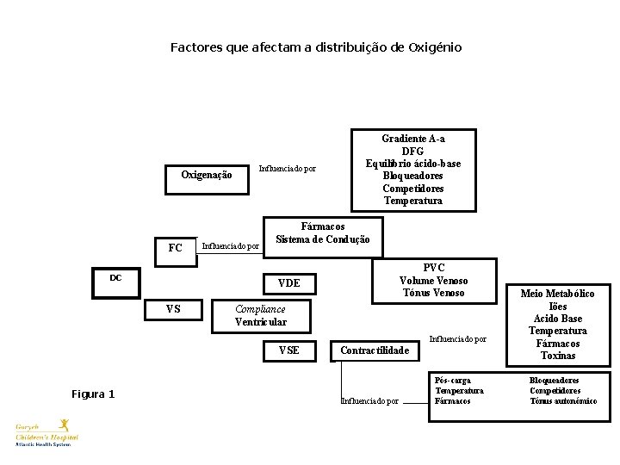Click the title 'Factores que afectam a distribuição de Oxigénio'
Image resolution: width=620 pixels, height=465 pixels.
pyautogui.click(x=315, y=47)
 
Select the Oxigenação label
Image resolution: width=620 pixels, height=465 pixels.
pyautogui.click(x=206, y=175)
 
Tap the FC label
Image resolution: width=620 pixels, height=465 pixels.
pyautogui.click(x=176, y=248)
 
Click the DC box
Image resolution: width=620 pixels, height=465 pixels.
pyautogui.click(x=115, y=278)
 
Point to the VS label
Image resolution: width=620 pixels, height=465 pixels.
pyautogui.click(x=173, y=309)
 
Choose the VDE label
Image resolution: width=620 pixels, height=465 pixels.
pyautogui.click(x=289, y=283)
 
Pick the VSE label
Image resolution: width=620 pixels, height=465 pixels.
pyautogui.click(x=289, y=350)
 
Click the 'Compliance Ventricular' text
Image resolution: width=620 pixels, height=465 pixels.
pyautogui.click(x=260, y=315)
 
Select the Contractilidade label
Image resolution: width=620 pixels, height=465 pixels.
pyautogui.click(x=374, y=350)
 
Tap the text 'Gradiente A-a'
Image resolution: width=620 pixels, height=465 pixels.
pyautogui.click(x=412, y=139)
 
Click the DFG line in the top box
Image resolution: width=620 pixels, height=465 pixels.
pyautogui.click(x=412, y=152)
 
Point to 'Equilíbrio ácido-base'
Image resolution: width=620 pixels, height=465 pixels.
pyautogui.click(x=412, y=164)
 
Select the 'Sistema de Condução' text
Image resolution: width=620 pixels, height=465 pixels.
pyautogui.click(x=322, y=239)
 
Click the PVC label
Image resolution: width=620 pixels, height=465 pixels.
pyautogui.click(x=434, y=268)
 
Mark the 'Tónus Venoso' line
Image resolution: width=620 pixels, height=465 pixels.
pyautogui.click(x=434, y=293)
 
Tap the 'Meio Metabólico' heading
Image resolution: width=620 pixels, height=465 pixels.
pyautogui.click(x=557, y=294)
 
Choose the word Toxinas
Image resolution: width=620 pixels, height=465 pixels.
pyautogui.click(x=558, y=356)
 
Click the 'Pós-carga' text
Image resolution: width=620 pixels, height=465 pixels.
pyautogui.click(x=453, y=381)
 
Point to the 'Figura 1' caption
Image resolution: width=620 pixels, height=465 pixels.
pyautogui.click(x=93, y=394)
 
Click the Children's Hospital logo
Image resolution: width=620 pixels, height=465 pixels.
pyautogui.click(x=47, y=432)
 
